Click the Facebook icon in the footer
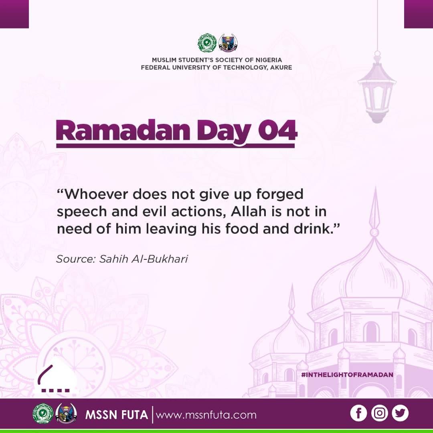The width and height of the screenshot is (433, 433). pyautogui.click(x=358, y=413)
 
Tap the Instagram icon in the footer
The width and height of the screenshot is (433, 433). pyautogui.click(x=379, y=413)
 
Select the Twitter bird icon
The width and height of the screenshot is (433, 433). pyautogui.click(x=400, y=413)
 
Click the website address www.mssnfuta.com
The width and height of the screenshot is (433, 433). pyautogui.click(x=206, y=415)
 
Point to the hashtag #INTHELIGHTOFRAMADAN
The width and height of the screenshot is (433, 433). pyautogui.click(x=347, y=375)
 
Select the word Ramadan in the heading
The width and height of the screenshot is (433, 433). pyautogui.click(x=123, y=130)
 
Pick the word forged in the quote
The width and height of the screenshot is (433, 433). pyautogui.click(x=280, y=195)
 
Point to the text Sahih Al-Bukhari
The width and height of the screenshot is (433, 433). pyautogui.click(x=144, y=259)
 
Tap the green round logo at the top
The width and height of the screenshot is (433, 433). pyautogui.click(x=207, y=43)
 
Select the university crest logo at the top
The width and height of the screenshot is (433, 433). pyautogui.click(x=228, y=43)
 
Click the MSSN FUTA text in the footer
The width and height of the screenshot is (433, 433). pyautogui.click(x=117, y=415)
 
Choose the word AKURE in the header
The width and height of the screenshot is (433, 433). pyautogui.click(x=281, y=68)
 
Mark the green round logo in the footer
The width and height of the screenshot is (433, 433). pyautogui.click(x=43, y=413)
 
